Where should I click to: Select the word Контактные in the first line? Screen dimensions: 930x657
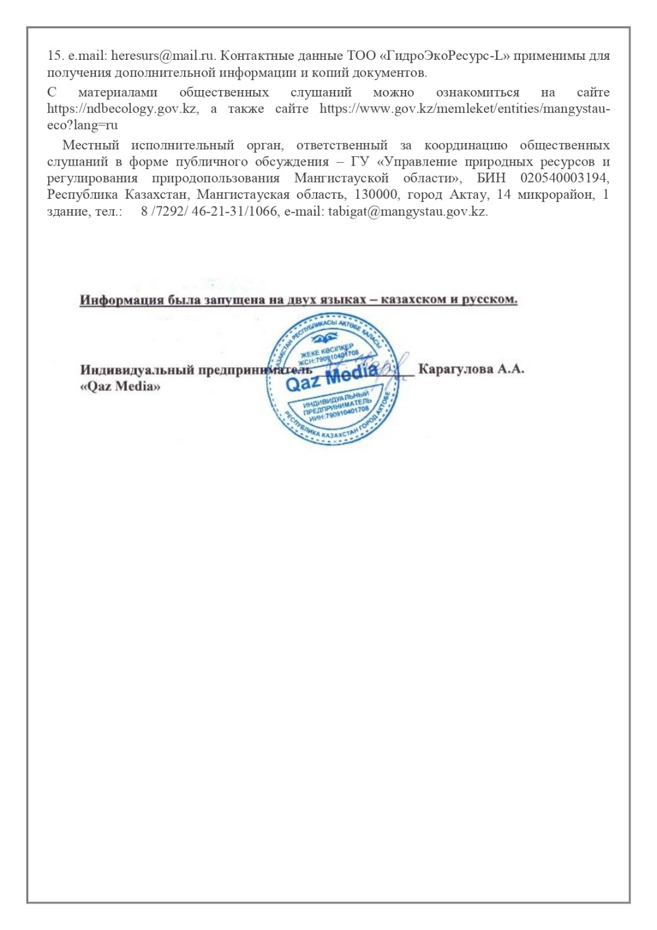(x=252, y=56)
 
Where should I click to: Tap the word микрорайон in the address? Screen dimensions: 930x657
(x=555, y=195)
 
